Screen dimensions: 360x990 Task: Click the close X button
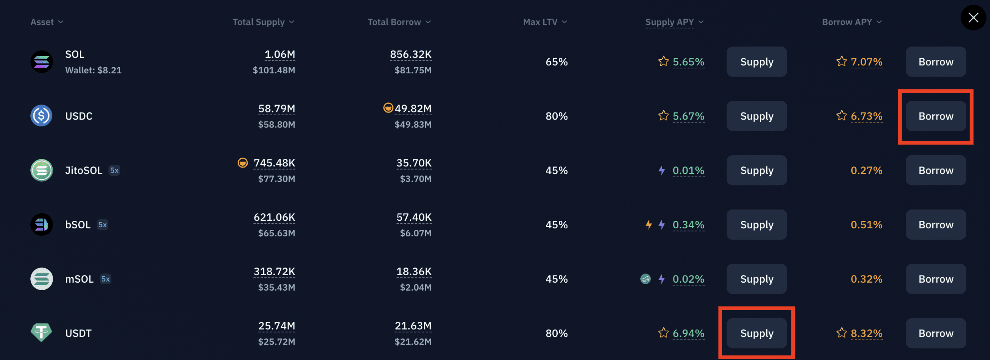(973, 17)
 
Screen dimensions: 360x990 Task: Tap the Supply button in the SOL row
(756, 62)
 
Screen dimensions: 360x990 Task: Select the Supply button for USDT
(756, 333)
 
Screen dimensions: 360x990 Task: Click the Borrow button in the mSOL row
(936, 279)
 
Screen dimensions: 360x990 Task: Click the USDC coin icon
(42, 116)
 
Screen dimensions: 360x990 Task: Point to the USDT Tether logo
(42, 332)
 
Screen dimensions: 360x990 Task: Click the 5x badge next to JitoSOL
(115, 170)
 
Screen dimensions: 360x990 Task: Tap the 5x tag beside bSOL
(103, 225)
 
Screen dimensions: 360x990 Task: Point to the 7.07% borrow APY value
(866, 62)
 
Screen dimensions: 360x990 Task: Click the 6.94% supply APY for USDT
(688, 333)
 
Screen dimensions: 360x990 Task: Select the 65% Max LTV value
(557, 62)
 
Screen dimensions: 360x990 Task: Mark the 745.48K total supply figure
(274, 163)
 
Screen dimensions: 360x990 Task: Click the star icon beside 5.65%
(663, 62)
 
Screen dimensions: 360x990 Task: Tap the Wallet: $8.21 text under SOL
(93, 70)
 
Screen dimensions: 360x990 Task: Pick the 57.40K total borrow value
(414, 218)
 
